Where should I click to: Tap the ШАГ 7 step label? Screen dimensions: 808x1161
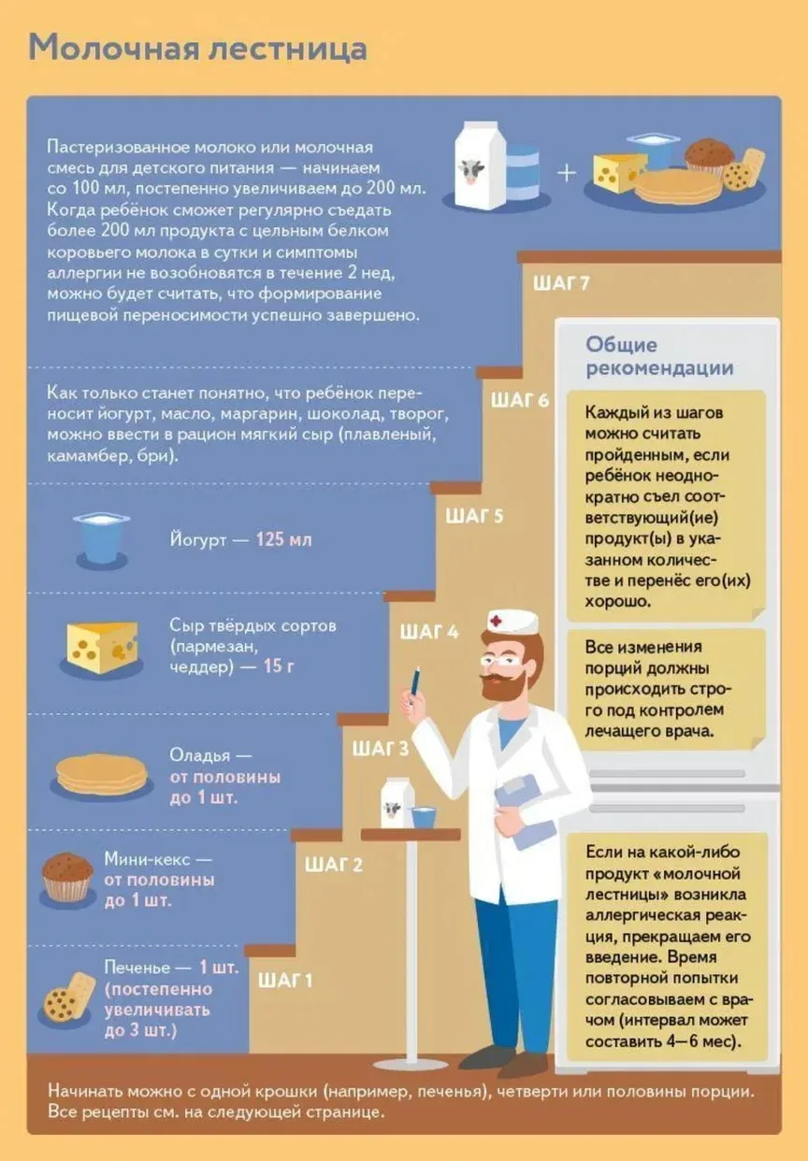[x=561, y=284]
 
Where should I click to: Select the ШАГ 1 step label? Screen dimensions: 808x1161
[x=285, y=981]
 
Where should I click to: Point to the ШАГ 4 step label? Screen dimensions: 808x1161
[x=429, y=632]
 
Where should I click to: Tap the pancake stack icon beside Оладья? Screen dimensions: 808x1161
[x=102, y=775]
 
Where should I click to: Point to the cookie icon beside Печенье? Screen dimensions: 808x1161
[x=67, y=999]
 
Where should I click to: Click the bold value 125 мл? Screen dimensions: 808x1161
[x=283, y=539]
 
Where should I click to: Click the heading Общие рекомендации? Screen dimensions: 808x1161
[x=659, y=356]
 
